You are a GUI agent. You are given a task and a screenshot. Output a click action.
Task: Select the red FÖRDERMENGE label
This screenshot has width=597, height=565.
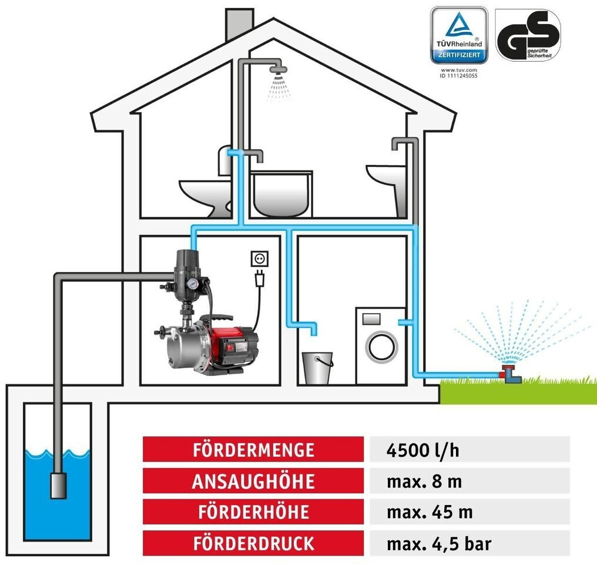(253, 450)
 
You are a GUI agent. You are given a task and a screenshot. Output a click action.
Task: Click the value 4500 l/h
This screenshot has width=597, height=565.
(424, 450)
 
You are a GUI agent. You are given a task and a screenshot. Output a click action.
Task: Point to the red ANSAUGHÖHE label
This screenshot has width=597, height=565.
(253, 481)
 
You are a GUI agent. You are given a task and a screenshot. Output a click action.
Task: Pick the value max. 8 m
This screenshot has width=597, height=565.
(424, 481)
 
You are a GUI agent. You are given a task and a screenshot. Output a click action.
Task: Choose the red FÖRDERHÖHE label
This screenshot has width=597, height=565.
(253, 512)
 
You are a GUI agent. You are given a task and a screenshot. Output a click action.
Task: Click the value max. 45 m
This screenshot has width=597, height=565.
(430, 512)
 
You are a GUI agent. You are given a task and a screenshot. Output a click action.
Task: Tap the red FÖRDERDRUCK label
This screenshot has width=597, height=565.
(253, 543)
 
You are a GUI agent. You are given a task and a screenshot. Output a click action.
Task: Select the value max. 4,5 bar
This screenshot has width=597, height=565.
(439, 543)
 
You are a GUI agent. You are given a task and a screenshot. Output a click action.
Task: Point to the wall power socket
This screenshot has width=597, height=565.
(259, 259)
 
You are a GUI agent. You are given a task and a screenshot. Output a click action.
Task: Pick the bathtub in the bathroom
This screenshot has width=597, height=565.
(281, 194)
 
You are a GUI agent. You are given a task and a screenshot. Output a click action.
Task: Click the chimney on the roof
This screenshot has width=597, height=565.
(239, 23)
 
